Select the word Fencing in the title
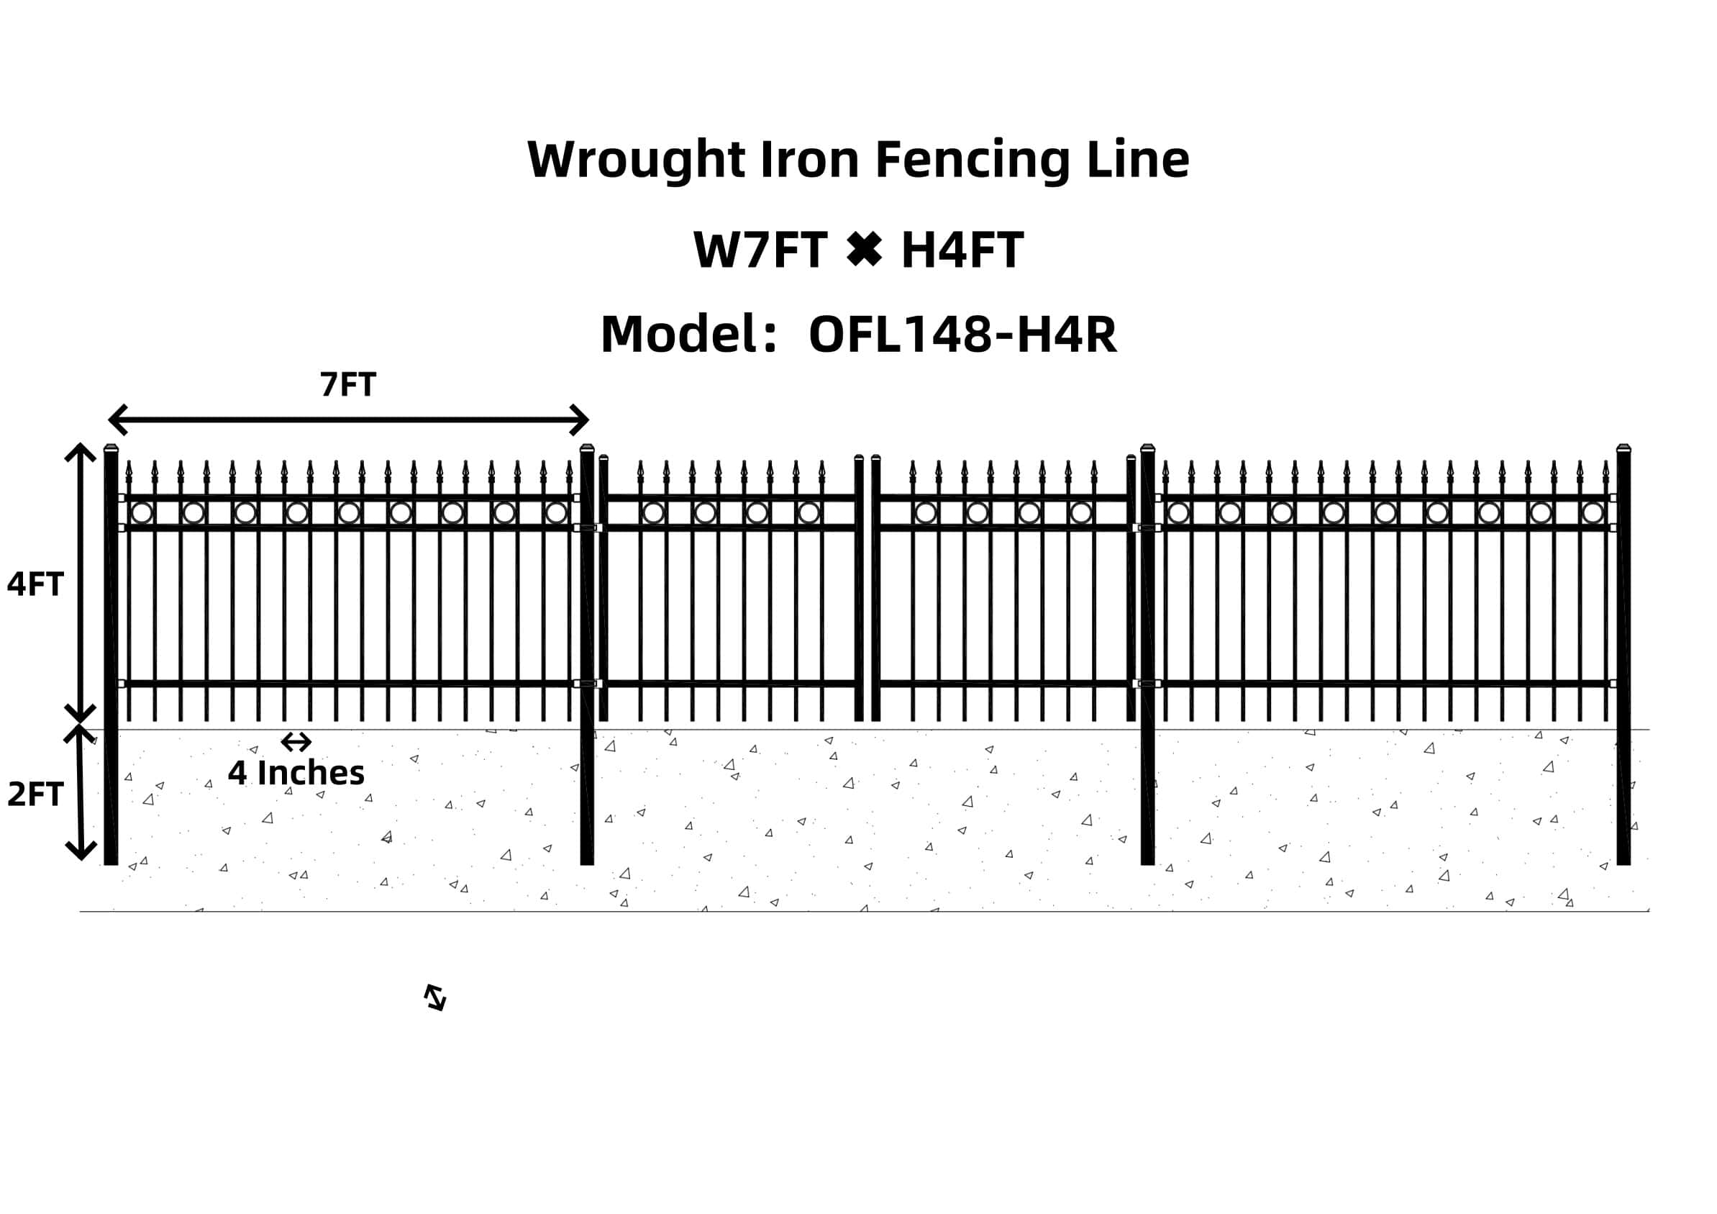point(973,160)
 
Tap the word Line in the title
point(1137,160)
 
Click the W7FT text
point(760,250)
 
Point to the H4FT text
point(962,250)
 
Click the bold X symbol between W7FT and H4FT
point(864,249)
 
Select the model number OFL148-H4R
point(962,335)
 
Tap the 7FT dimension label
point(347,384)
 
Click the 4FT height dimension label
point(35,584)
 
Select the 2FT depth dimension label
point(35,794)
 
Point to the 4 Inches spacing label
point(296,774)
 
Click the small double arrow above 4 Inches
point(296,742)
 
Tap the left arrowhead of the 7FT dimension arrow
point(116,420)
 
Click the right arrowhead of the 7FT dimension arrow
point(581,420)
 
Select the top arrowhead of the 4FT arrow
point(80,450)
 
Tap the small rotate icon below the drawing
point(435,997)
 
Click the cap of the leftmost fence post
point(111,448)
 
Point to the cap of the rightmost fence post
point(1623,448)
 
